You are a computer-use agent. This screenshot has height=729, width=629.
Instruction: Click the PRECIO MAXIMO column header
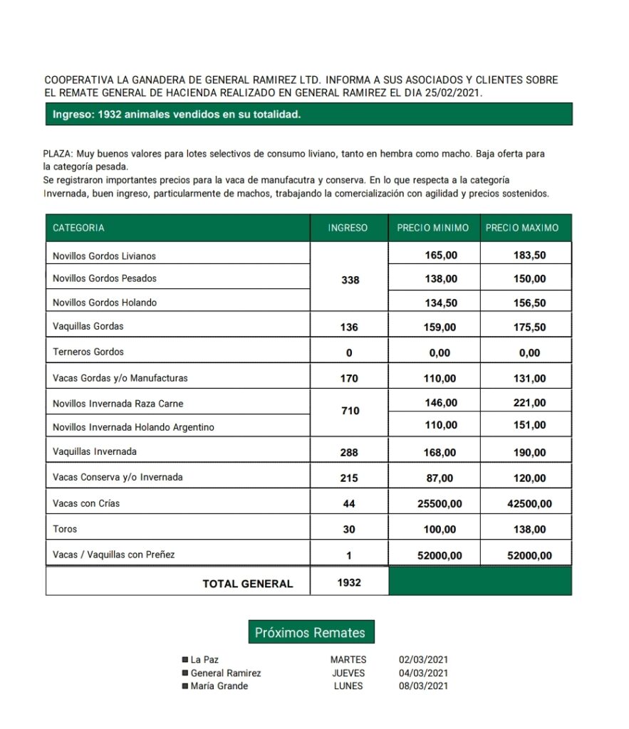coord(522,228)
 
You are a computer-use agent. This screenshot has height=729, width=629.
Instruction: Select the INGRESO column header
coord(348,228)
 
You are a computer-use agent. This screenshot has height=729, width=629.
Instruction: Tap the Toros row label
coord(65,529)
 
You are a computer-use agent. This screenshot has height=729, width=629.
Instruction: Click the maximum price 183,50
coord(529,256)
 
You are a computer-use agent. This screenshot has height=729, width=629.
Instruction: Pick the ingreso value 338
coord(350,280)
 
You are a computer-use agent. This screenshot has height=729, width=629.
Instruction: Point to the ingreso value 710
coord(350,411)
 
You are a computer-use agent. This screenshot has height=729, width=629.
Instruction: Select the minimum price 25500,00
coord(440,504)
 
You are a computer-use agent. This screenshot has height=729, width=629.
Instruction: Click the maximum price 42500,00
coord(529,504)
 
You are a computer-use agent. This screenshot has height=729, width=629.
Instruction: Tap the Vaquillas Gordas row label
coord(88,327)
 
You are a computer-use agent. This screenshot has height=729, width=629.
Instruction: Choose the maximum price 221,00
coord(529,403)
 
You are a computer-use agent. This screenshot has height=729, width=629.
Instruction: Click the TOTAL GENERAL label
coord(248,584)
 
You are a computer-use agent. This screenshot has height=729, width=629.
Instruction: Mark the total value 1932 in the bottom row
coord(349,582)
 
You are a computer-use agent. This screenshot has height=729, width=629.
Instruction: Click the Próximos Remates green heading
coord(310,632)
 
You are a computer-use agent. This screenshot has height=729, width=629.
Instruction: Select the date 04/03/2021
coord(423,673)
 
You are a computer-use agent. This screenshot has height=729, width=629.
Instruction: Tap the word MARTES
coord(348,660)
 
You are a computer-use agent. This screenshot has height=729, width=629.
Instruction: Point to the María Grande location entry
coord(219,686)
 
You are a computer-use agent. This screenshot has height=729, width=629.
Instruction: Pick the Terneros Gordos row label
coord(88,352)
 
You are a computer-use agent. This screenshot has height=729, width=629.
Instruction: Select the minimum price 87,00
coord(440,478)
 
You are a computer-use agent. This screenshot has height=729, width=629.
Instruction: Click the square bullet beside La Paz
coord(185,660)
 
